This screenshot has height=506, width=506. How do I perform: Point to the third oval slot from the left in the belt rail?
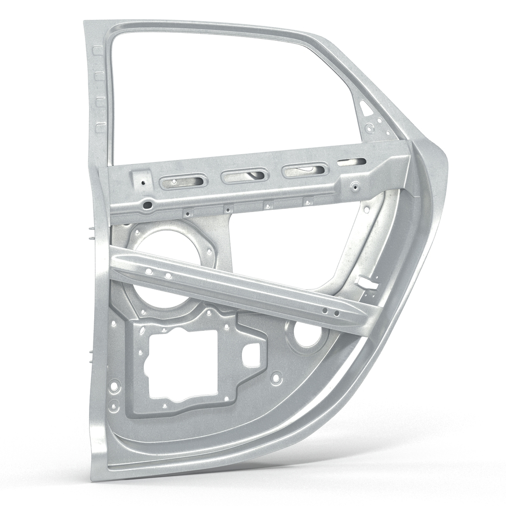[x=305, y=171]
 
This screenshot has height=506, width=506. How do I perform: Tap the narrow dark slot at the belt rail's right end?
[x=352, y=163]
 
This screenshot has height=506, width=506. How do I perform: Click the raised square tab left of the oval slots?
[x=142, y=180]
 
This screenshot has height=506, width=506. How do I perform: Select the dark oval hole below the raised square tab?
[x=148, y=204]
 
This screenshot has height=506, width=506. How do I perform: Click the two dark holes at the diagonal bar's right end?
[x=330, y=312]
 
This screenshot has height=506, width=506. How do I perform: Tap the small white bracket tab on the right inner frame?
[x=367, y=282]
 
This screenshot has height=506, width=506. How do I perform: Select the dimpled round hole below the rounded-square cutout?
[x=276, y=377]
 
